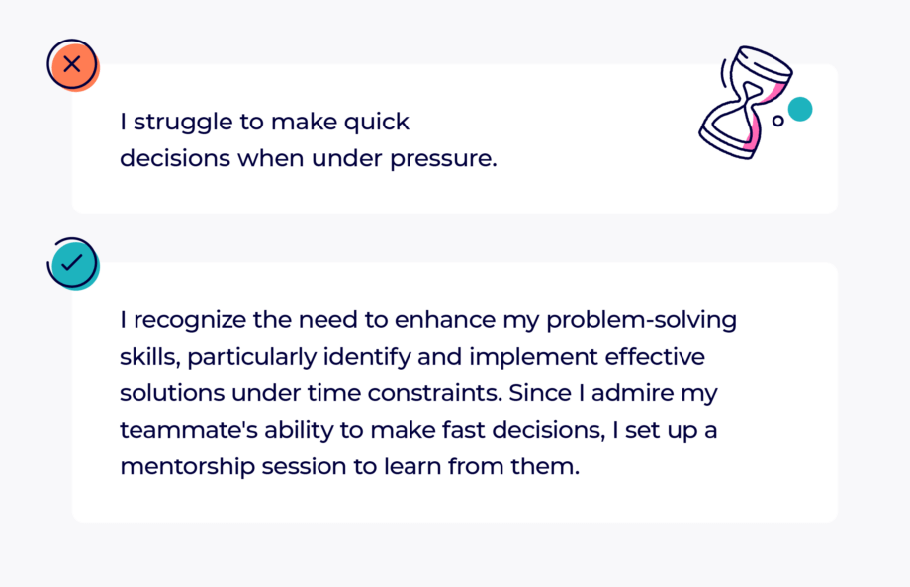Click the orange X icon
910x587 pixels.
[x=73, y=65]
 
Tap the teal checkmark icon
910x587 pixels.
[x=73, y=263]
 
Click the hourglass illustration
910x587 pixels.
[x=745, y=102]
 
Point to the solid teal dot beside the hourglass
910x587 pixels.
[x=800, y=109]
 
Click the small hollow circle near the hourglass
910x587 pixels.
[x=777, y=121]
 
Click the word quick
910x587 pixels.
[x=376, y=123]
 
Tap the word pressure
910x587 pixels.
[x=443, y=159]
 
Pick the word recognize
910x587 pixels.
[x=190, y=321]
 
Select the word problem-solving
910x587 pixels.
[x=641, y=321]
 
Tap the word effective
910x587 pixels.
[x=655, y=357]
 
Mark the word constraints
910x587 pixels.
[x=434, y=394]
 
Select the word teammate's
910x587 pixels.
[x=189, y=431]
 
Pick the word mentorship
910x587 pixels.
[x=188, y=467]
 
